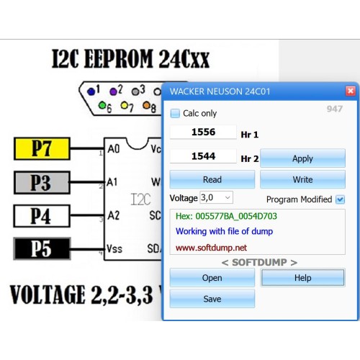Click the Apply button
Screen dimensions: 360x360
[x=302, y=158]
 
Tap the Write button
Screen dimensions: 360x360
[x=302, y=179]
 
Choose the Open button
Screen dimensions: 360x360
[x=212, y=278]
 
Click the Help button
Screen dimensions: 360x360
[x=302, y=278]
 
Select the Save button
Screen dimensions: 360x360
[x=212, y=299]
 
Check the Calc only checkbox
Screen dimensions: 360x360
[x=175, y=113]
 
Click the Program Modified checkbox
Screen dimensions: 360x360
[x=340, y=199]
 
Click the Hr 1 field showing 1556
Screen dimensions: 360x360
[x=203, y=132]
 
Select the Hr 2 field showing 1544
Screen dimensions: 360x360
[x=203, y=156]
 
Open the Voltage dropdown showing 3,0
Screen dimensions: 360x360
[x=216, y=197]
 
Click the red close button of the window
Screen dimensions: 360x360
[x=351, y=91]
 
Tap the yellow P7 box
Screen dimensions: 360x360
[x=42, y=148]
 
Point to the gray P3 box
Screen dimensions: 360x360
[x=42, y=182]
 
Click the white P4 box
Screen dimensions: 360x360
[x=42, y=216]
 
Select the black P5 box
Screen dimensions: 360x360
[x=42, y=248]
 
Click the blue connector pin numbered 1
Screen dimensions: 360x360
[x=91, y=91]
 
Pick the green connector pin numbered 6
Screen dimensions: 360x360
[x=102, y=105]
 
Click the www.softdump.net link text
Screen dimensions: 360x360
[x=211, y=248]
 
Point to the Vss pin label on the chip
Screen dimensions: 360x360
[x=114, y=248]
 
